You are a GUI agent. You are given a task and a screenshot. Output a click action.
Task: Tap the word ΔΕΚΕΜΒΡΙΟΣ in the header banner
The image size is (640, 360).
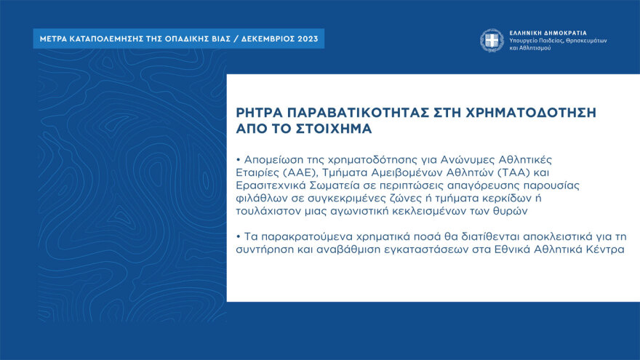click(260, 39)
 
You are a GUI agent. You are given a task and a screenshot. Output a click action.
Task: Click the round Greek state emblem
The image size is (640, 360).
click(491, 40)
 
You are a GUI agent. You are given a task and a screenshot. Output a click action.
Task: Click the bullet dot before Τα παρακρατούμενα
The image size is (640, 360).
click(239, 238)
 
